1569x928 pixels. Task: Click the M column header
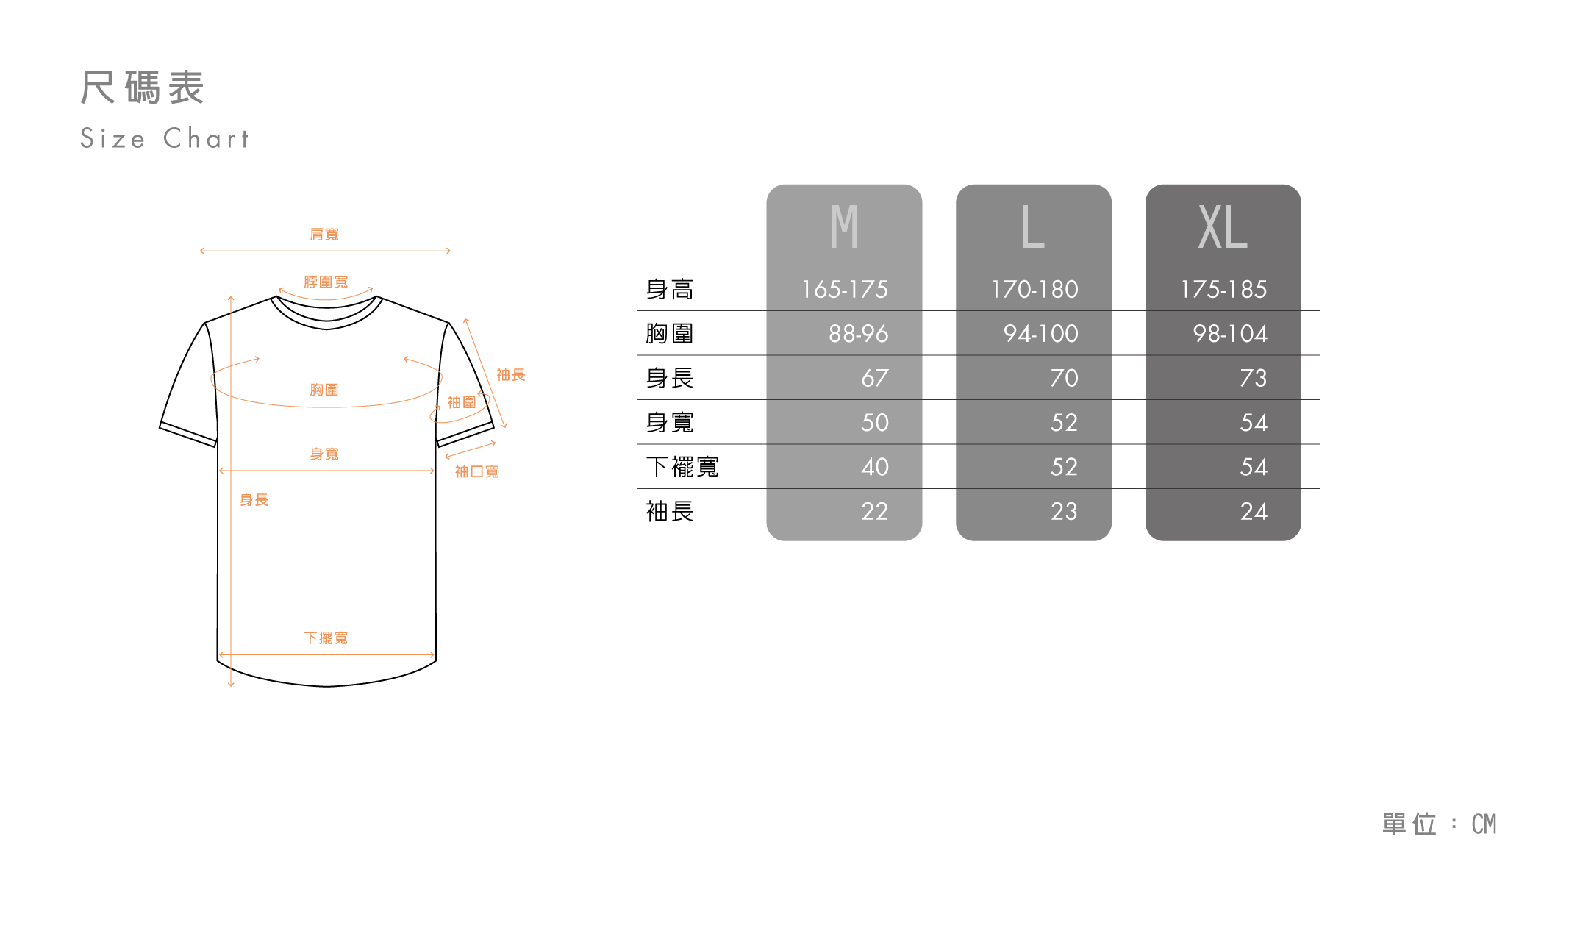844,227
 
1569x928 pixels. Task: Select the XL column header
1223,227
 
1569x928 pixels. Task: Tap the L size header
1033,227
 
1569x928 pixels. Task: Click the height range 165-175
844,289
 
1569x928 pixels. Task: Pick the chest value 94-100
1040,334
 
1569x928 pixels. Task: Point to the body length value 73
1254,378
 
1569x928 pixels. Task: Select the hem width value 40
875,467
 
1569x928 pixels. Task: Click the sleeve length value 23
1064,511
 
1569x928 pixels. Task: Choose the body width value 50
875,422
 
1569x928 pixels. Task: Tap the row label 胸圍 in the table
669,334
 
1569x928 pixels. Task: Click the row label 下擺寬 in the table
682,467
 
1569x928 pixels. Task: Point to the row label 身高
669,289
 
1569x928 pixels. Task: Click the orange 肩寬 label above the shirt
324,234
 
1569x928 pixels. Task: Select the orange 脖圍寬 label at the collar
326,282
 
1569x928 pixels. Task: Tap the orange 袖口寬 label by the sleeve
476,471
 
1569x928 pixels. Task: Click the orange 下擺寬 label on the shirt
326,638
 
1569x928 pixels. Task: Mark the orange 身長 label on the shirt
254,500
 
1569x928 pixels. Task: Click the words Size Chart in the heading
165,138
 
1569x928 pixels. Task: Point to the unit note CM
1484,824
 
